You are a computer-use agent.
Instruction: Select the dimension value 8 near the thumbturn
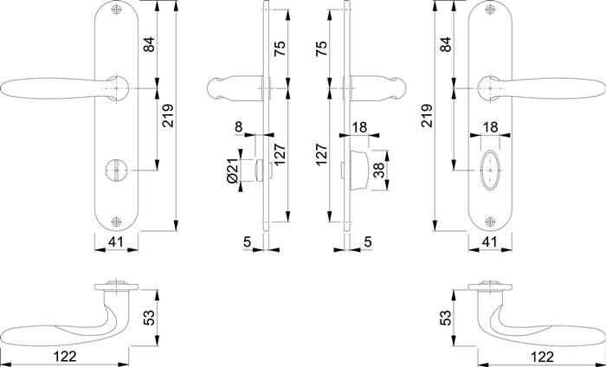point(238,126)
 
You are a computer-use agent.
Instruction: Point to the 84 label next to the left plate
point(148,45)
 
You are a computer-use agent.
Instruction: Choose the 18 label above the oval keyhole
point(491,126)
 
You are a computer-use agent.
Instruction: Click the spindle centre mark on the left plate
point(116,88)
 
